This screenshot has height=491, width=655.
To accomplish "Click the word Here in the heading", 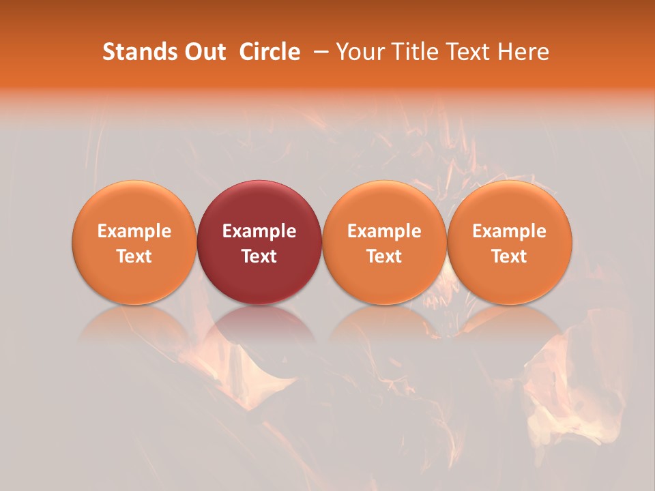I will point(524,52).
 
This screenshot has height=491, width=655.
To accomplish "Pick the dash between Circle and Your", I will point(318,52).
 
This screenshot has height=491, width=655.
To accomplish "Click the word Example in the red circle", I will point(259,231).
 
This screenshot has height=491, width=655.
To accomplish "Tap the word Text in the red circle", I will point(259,256).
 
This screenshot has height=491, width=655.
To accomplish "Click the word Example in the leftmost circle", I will point(134,231).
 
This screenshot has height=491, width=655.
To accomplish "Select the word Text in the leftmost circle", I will point(134,256).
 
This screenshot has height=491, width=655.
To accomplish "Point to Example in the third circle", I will point(384,231).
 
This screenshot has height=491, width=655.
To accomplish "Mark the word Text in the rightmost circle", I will point(510,256).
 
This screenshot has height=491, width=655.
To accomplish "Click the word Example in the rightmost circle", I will point(510,231).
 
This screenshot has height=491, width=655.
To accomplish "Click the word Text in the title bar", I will point(471,52).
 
